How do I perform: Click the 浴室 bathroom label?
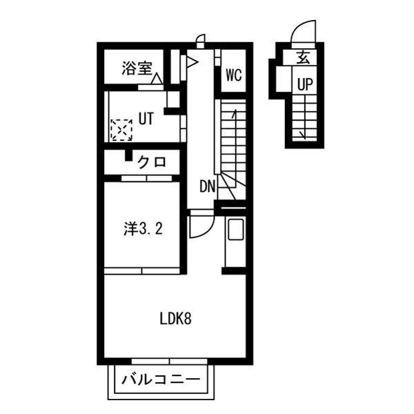pyautogui.click(x=137, y=68)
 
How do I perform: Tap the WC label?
pyautogui.click(x=234, y=75)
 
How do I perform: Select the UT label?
pyautogui.click(x=146, y=119)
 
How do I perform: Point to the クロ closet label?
pyautogui.click(x=152, y=162)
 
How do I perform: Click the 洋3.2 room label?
pyautogui.click(x=143, y=228)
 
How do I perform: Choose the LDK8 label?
pyautogui.click(x=175, y=319)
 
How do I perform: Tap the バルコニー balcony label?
pyautogui.click(x=161, y=380)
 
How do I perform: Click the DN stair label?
pyautogui.click(x=208, y=187)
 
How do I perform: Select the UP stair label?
pyautogui.click(x=305, y=84)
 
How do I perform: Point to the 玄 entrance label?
pyautogui.click(x=303, y=57)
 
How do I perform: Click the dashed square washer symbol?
pyautogui.click(x=121, y=130)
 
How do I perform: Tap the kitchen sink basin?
pyautogui.click(x=236, y=230)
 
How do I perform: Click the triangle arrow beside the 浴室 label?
pyautogui.click(x=157, y=79)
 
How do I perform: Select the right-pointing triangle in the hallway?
pyautogui.click(x=192, y=62)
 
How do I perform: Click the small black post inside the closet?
pyautogui.click(x=128, y=155)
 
